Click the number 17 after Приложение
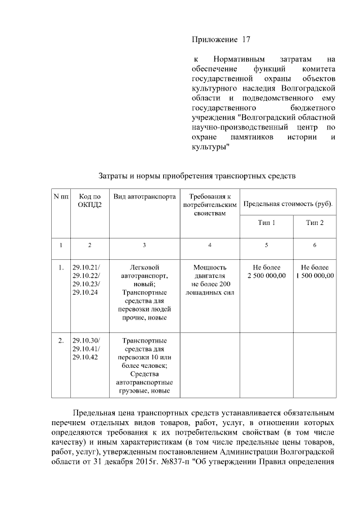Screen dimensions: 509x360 (245, 40)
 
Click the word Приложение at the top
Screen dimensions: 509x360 (214, 40)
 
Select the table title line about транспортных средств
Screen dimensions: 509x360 (197, 175)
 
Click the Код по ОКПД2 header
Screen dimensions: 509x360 (89, 200)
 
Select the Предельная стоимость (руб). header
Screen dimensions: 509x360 (287, 203)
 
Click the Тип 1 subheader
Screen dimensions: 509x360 (267, 223)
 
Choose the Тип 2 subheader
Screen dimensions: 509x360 (314, 223)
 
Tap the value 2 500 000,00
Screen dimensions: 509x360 (267, 276)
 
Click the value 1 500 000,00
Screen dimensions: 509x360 (315, 276)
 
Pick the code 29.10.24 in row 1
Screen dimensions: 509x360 (85, 292)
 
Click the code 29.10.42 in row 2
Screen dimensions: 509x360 (85, 357)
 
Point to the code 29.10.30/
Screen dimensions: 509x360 (86, 340)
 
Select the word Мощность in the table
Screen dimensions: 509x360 (209, 267)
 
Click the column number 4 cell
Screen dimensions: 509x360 (209, 245)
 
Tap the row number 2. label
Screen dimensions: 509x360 (61, 340)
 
